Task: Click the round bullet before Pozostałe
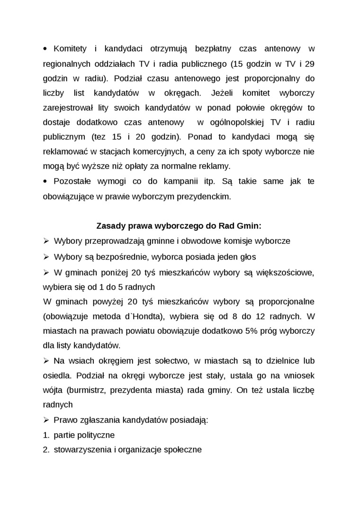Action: (45, 181)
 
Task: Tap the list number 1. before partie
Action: (46, 435)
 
